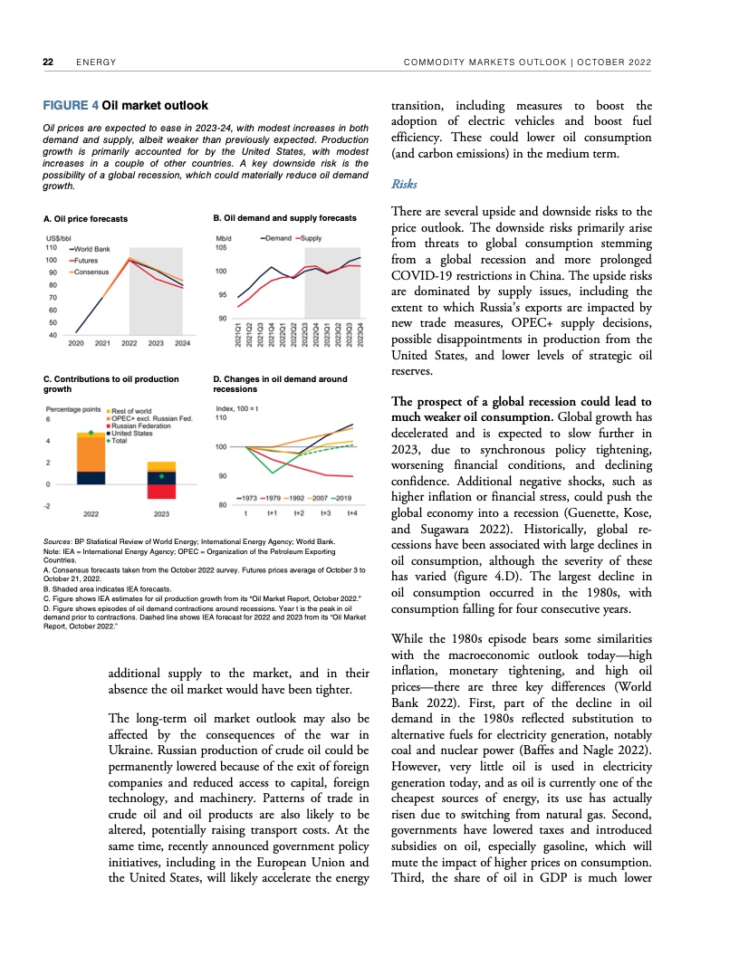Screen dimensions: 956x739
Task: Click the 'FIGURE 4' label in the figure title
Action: (x=71, y=106)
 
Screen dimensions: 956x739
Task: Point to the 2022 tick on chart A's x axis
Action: (x=130, y=343)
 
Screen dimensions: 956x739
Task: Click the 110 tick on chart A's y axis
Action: (x=51, y=247)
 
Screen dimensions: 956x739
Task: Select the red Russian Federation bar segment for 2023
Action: (x=161, y=491)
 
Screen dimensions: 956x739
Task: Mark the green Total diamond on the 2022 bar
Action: (x=91, y=434)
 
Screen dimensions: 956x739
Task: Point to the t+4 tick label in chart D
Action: (x=352, y=513)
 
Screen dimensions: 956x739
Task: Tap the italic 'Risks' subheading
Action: (x=403, y=183)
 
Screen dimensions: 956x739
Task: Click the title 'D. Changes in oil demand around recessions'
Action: (x=279, y=384)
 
